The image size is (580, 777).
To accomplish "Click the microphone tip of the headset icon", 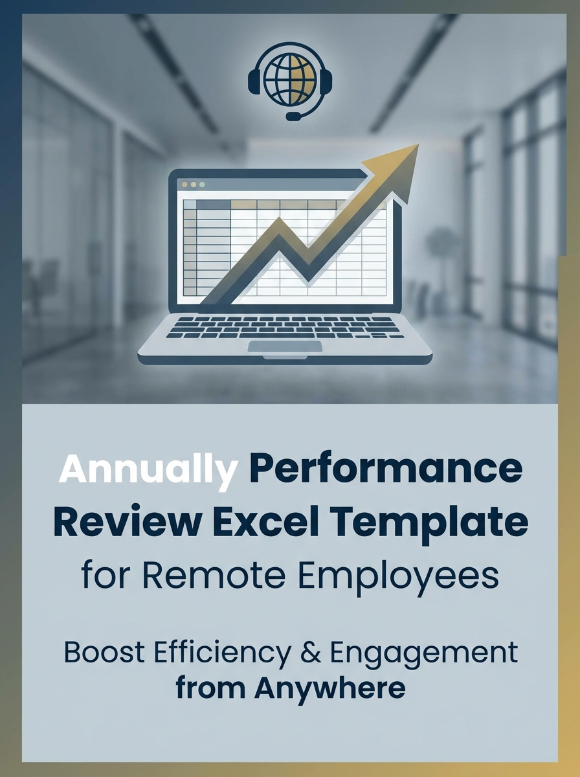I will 293,117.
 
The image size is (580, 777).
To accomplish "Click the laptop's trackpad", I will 285,346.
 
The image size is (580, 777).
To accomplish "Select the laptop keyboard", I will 285,326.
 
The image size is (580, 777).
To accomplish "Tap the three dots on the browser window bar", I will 193,184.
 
